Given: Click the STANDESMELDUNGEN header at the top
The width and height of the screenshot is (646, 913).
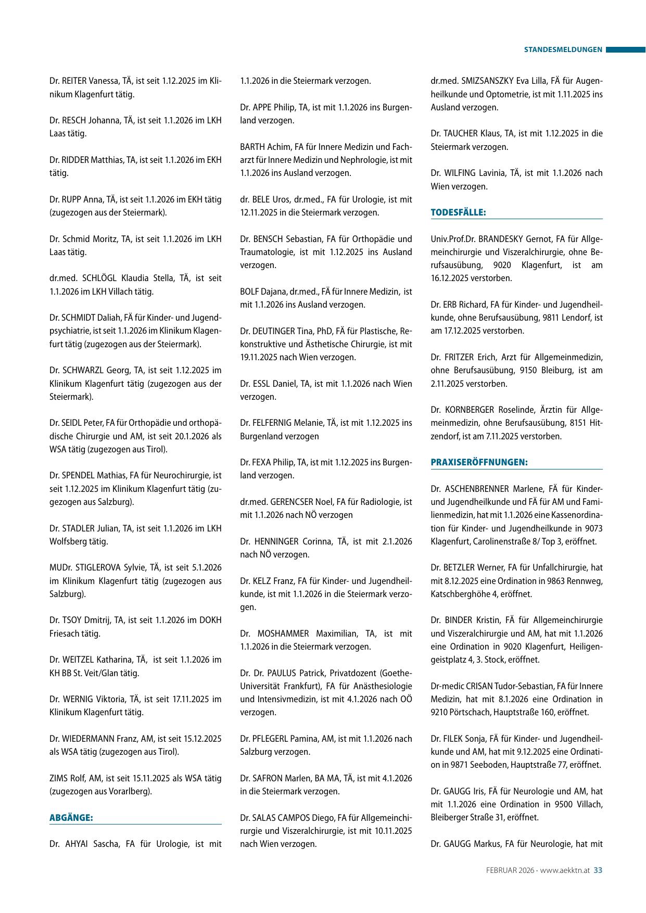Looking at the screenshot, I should [563, 50].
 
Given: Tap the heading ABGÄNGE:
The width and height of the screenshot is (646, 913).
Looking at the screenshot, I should [71, 818].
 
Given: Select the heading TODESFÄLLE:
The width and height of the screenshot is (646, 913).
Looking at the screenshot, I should [458, 212].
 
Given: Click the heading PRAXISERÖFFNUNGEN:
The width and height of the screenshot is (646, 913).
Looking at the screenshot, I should [479, 462].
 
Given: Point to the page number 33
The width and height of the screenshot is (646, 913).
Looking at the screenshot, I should [598, 870].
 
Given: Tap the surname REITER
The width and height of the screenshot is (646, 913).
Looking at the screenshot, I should [75, 81].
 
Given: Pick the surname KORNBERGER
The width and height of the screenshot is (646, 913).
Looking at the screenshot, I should [469, 410].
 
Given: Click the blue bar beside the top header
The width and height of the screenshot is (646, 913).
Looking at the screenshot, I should [625, 50].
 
